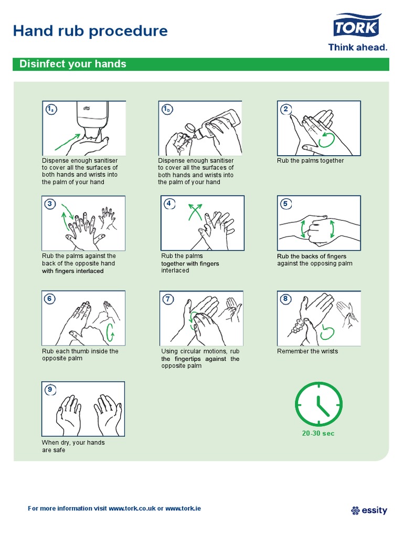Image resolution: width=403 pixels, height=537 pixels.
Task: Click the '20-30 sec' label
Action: coord(317,433)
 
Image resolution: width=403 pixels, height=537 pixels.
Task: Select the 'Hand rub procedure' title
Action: coord(90,31)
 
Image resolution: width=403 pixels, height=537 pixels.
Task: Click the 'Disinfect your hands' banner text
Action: coord(73,64)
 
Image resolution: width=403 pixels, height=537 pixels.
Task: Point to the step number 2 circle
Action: coord(286,109)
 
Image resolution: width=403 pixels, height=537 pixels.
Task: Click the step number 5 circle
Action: coord(286,204)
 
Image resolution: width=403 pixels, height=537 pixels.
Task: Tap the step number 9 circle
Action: coord(50,389)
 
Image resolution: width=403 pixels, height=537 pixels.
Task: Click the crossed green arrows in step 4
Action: coord(195,214)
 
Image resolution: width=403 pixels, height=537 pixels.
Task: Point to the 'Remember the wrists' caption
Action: coord(307,351)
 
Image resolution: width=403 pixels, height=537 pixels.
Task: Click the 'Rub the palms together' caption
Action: coord(310,161)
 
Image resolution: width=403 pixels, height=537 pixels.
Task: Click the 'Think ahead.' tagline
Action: coord(358,47)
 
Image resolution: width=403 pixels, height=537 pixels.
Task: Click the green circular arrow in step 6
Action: coord(110,332)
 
